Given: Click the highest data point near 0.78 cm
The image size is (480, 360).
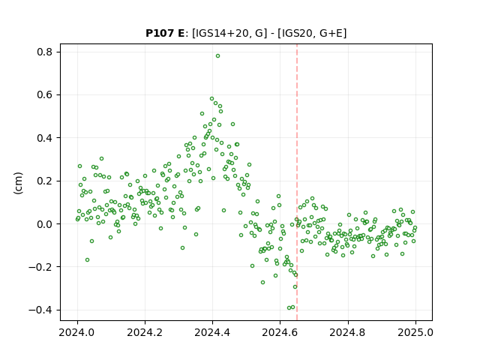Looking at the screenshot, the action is click(x=217, y=56).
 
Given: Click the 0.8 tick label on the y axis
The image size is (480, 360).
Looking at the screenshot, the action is click(x=45, y=52).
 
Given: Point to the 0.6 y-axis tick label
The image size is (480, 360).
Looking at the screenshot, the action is click(x=45, y=95).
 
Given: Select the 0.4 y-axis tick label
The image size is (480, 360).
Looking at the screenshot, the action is click(x=45, y=138).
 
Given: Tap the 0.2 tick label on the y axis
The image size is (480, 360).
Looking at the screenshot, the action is click(x=45, y=181).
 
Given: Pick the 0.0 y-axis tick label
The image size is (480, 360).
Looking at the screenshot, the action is click(x=45, y=224).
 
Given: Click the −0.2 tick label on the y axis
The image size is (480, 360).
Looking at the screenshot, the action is click(x=40, y=267).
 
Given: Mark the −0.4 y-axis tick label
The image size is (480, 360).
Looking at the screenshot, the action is click(x=40, y=310).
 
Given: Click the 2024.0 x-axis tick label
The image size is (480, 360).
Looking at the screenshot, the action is click(x=77, y=332).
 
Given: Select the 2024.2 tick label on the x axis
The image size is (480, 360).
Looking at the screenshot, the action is click(x=145, y=332).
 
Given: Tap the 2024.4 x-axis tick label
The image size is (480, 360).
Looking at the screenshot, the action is click(x=212, y=332).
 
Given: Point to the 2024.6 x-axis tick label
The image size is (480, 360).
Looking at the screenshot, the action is click(x=280, y=332).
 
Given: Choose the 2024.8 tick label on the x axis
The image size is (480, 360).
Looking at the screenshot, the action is click(x=348, y=332).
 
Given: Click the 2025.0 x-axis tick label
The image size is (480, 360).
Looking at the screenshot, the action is click(x=415, y=332).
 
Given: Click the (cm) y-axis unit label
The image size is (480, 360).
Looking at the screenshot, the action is click(x=18, y=183).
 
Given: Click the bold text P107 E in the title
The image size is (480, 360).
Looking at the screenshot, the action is click(x=165, y=33).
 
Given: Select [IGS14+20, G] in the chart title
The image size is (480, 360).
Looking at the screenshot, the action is click(x=227, y=33).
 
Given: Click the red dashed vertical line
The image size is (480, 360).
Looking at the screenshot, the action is click(x=297, y=182).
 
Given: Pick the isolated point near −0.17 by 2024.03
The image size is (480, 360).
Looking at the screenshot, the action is click(x=87, y=260).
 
